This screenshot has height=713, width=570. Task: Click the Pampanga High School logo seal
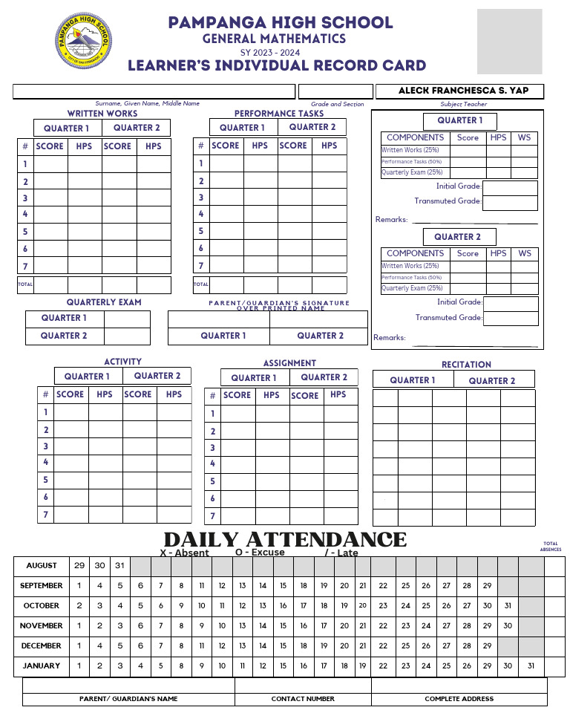[x=83, y=41]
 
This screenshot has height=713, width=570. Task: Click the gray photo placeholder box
[x=509, y=41]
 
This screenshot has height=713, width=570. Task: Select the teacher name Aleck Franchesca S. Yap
[x=463, y=91]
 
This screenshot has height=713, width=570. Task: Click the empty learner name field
[x=154, y=91]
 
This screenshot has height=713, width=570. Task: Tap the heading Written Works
[x=102, y=114]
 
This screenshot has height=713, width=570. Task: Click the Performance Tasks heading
[x=279, y=114]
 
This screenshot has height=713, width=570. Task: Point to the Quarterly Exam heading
[x=104, y=302]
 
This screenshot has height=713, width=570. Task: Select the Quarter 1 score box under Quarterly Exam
[x=127, y=319]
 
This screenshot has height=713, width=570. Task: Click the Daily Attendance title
[x=285, y=539]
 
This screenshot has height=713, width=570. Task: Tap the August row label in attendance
[x=42, y=566]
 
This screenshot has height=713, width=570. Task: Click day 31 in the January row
[x=531, y=666]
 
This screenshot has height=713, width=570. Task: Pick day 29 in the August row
[x=79, y=566]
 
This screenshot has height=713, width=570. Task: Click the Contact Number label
[x=303, y=699]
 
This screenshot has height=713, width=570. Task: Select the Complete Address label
[x=459, y=699]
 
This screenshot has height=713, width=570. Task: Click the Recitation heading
[x=466, y=365]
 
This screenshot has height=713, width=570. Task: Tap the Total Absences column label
[x=551, y=547]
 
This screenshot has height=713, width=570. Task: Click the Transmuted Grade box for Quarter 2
[x=511, y=319]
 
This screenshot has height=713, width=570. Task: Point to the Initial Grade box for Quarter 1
[x=510, y=187]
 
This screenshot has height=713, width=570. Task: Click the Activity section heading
[x=122, y=362]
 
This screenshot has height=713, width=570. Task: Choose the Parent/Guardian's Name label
[x=128, y=699]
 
